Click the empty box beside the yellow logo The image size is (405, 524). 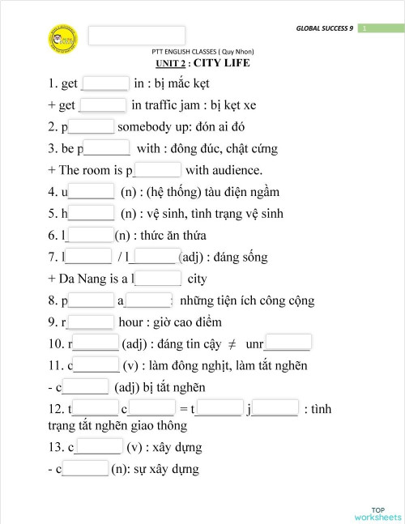click(136, 36)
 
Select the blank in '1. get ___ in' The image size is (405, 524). click(106, 83)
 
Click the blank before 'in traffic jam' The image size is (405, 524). click(104, 104)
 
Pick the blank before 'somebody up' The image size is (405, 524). click(92, 126)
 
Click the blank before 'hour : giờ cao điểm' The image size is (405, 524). click(91, 322)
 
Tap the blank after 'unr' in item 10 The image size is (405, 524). click(288, 343)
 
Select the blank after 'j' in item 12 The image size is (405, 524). click(276, 409)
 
